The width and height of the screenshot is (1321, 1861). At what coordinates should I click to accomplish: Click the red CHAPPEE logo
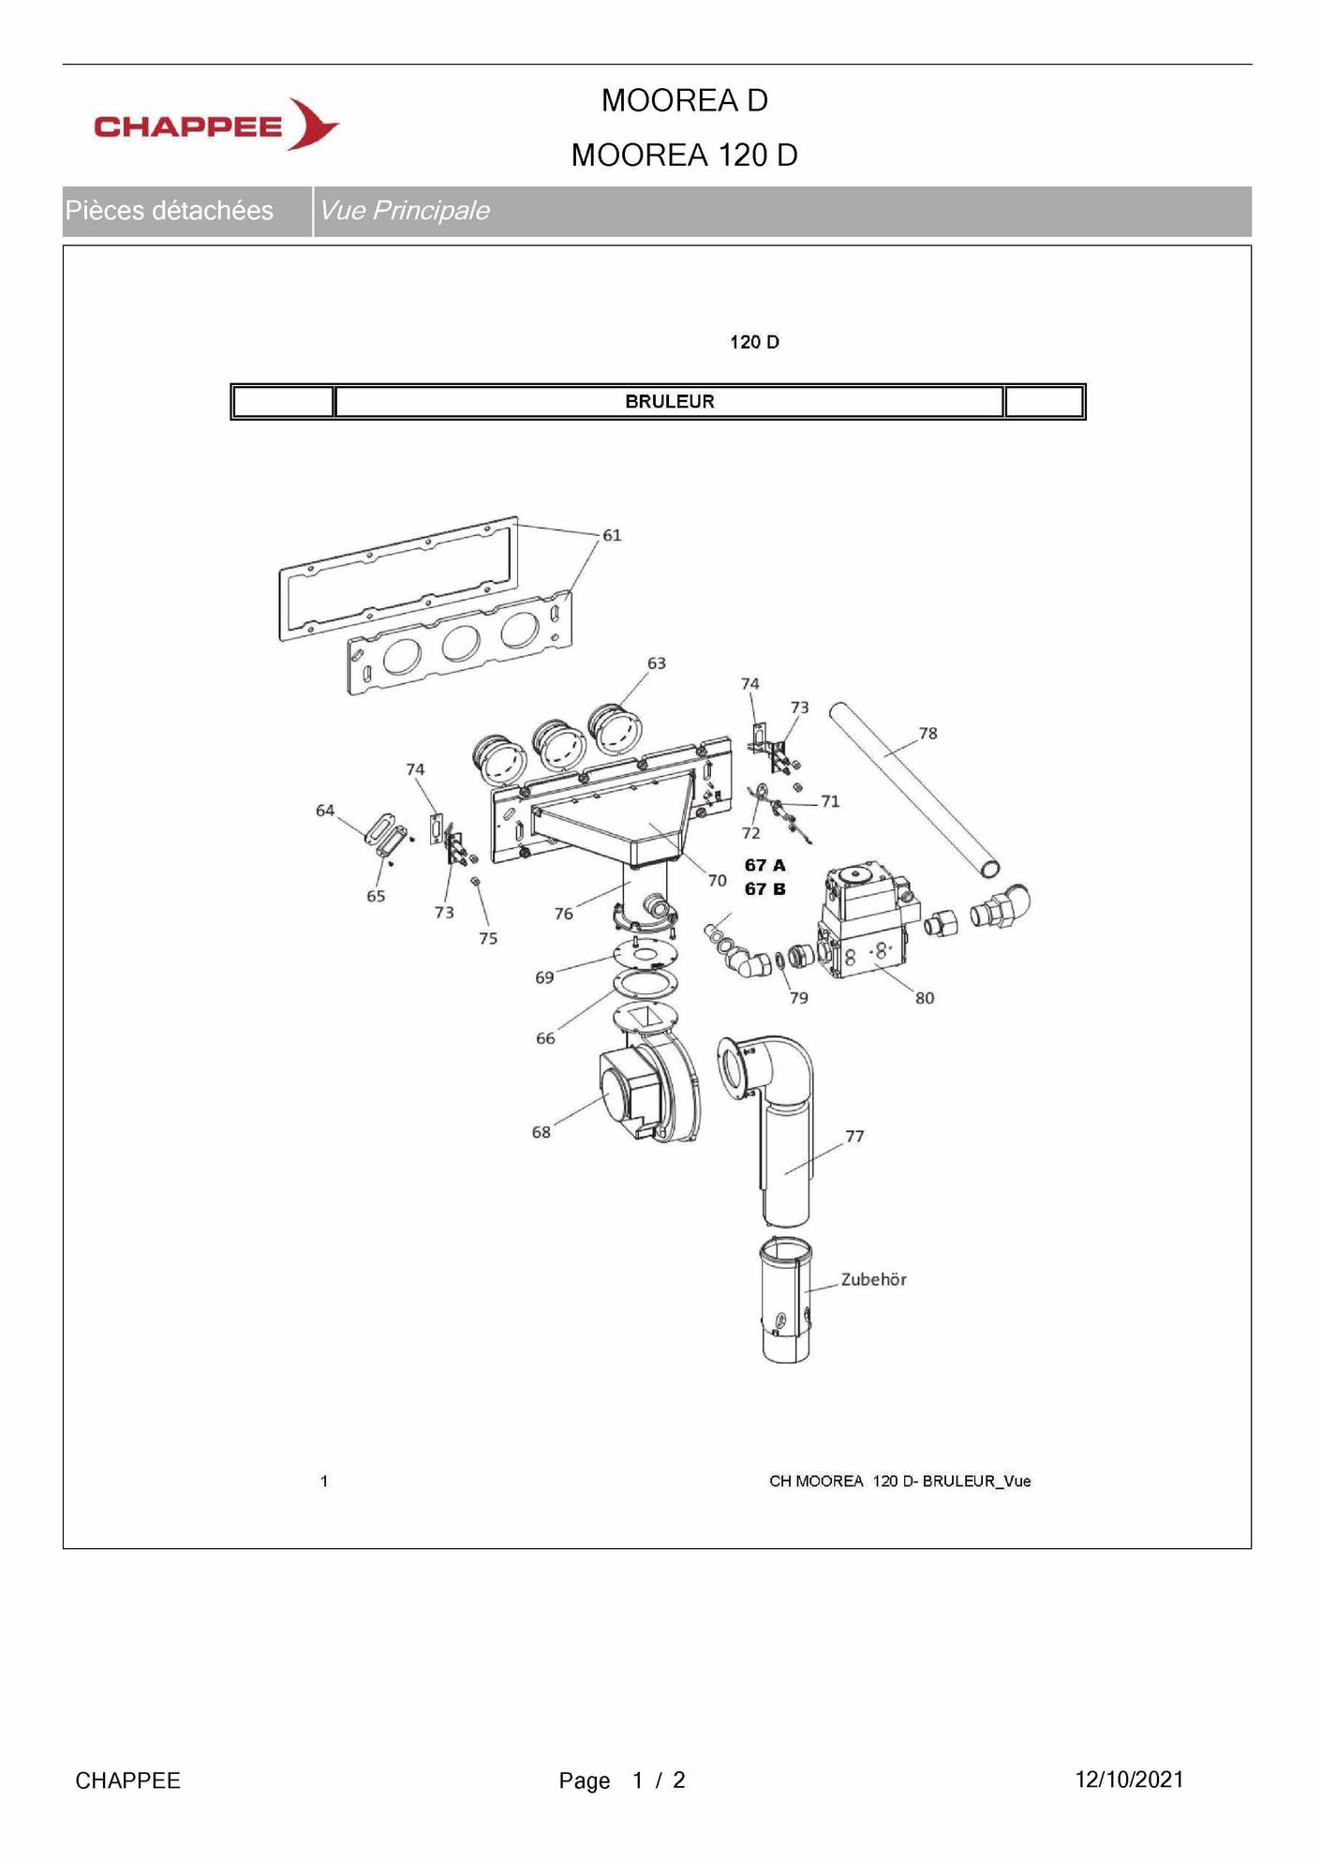tap(215, 126)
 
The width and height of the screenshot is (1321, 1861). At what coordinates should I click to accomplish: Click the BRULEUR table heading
tap(669, 402)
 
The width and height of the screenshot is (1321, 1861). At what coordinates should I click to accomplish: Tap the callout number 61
tap(612, 535)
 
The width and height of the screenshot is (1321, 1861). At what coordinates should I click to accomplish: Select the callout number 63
tap(657, 663)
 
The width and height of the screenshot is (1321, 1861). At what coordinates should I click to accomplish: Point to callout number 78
tap(928, 733)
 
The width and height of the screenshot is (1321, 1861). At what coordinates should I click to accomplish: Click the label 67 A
tap(764, 865)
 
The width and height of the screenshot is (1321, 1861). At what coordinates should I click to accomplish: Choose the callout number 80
tap(925, 998)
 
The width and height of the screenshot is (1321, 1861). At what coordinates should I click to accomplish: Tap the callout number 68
tap(542, 1132)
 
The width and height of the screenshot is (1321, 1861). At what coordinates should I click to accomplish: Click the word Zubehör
tap(873, 1279)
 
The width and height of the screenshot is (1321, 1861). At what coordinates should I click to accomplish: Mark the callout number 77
tap(854, 1136)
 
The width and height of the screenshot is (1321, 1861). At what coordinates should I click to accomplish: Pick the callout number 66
tap(545, 1038)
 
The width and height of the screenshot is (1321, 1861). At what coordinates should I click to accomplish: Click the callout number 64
tap(325, 811)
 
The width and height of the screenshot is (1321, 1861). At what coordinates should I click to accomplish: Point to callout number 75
tap(488, 938)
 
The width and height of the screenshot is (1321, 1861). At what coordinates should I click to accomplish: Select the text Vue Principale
tap(404, 211)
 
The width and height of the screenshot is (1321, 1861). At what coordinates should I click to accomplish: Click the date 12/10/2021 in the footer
tap(1129, 1779)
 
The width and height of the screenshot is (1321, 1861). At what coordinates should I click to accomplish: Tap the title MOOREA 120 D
tap(684, 156)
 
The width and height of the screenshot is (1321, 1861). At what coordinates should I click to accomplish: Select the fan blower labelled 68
tap(646, 1092)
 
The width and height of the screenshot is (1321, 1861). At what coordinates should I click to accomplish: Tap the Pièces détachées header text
tap(170, 211)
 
